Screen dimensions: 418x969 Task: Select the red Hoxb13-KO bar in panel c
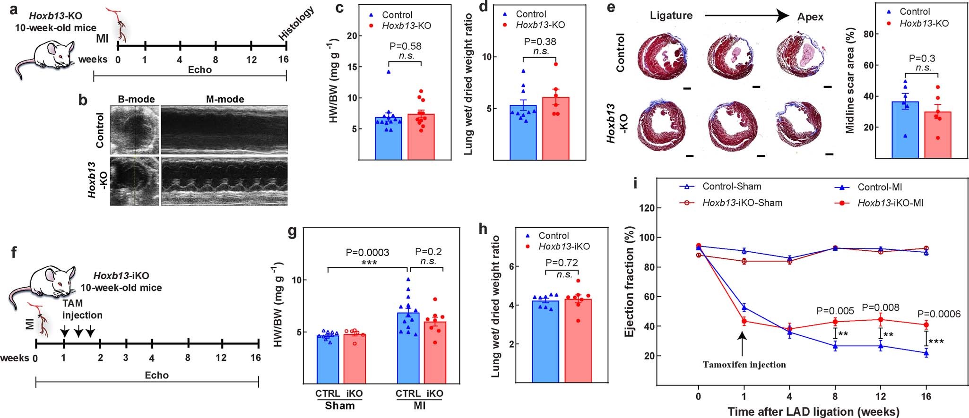coord(421,137)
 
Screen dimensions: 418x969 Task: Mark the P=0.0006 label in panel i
coord(939,314)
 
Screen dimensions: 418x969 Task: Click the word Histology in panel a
coord(296,23)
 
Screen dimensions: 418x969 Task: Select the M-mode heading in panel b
coord(225,99)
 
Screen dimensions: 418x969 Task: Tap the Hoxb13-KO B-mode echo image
coord(134,181)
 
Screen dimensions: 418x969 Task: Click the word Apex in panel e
coord(810,17)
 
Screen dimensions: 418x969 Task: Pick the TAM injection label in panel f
coord(82,309)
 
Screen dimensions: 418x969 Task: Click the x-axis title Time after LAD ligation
coord(813,411)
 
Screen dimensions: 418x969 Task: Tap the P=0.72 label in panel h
coord(562,263)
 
